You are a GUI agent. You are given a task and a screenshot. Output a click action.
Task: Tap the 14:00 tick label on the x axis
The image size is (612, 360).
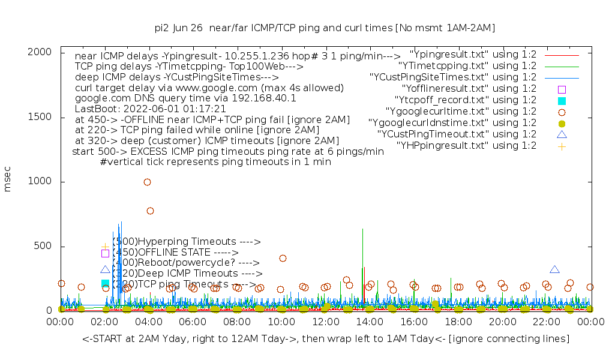[x=370, y=322]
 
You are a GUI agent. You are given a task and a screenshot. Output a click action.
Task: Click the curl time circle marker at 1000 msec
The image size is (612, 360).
[x=147, y=182]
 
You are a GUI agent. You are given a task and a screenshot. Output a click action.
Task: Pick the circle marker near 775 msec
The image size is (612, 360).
[x=150, y=211]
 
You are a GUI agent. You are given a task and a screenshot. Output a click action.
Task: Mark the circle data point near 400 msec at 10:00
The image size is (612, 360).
[x=283, y=258]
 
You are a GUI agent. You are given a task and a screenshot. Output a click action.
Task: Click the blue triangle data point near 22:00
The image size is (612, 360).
[x=554, y=270]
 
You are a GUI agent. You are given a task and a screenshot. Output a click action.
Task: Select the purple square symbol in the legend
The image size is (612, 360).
[x=562, y=89]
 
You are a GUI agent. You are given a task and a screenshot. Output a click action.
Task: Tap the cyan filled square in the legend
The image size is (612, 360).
[x=562, y=100]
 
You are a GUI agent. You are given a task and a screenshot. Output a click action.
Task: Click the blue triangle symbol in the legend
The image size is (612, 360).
[x=562, y=134]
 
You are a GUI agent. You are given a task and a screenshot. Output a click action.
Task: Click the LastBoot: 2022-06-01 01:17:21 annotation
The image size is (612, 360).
[x=150, y=109]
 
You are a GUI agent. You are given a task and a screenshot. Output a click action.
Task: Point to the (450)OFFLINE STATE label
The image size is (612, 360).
[x=175, y=252]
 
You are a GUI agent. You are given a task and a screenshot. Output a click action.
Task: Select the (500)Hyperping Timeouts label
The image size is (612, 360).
[x=187, y=242]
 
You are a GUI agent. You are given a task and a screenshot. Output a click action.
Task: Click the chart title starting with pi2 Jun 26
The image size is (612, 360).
[x=325, y=28]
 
